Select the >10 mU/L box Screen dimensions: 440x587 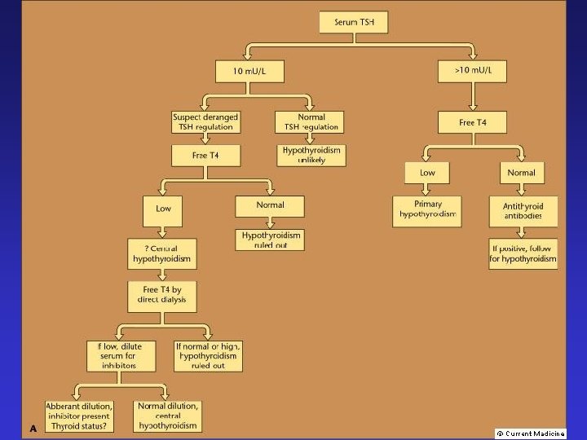tap(474, 71)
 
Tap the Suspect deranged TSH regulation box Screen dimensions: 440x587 tap(204, 121)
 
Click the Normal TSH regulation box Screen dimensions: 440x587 tap(309, 121)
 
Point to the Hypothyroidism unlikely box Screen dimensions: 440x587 tap(313, 155)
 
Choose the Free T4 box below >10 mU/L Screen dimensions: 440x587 tap(474, 122)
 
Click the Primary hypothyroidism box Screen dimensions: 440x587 tap(427, 210)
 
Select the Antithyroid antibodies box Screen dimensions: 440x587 tap(523, 210)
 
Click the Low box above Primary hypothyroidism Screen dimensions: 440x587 tap(427, 173)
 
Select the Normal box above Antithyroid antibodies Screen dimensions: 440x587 tap(522, 173)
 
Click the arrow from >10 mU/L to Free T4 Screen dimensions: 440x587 tap(474, 96)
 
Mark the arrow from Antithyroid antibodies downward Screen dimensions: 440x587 tap(523, 232)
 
